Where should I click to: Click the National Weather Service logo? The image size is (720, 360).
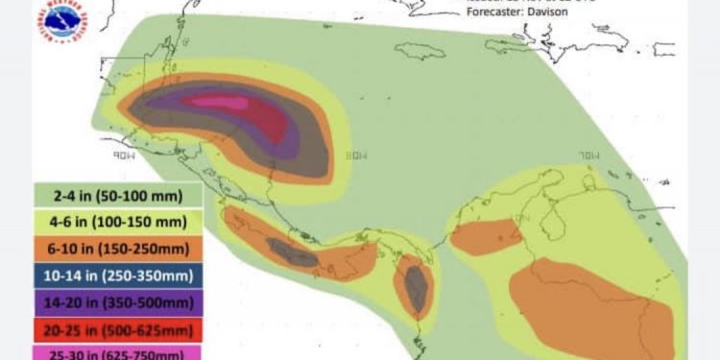click(59, 22)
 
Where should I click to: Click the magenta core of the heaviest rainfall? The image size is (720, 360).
click(216, 102)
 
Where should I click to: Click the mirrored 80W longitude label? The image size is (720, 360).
click(356, 153)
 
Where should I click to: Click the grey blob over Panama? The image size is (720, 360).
click(416, 288)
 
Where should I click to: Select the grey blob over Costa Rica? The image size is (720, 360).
click(291, 253)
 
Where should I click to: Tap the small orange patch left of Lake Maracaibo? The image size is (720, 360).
click(486, 236)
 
